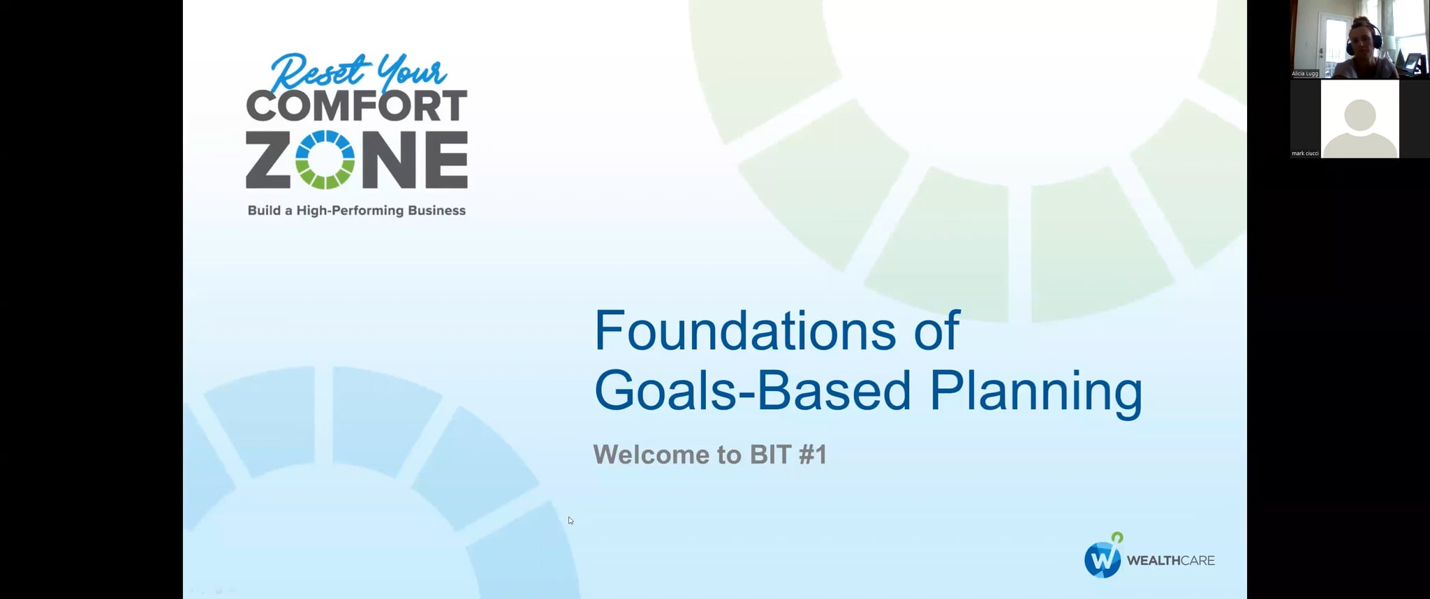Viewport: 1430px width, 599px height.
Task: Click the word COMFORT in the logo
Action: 356,106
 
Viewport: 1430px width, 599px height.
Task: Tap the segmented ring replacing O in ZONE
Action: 325,160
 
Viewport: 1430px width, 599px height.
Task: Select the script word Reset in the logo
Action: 318,71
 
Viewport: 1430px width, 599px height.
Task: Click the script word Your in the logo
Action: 411,71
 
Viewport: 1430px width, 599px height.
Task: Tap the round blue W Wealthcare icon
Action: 1103,559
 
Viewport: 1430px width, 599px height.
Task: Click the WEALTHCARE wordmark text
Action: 1170,561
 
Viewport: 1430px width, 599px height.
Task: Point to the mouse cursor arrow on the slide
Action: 570,520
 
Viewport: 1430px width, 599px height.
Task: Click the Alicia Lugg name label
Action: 1304,73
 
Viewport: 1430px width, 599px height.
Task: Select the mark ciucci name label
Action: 1305,153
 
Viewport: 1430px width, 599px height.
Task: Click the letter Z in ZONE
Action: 267,160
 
